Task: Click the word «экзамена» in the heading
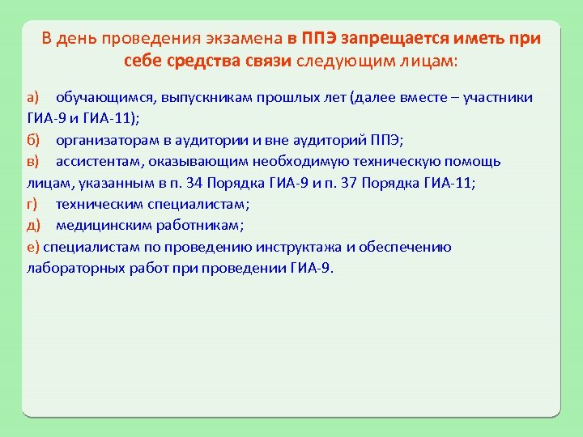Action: pyautogui.click(x=243, y=38)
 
